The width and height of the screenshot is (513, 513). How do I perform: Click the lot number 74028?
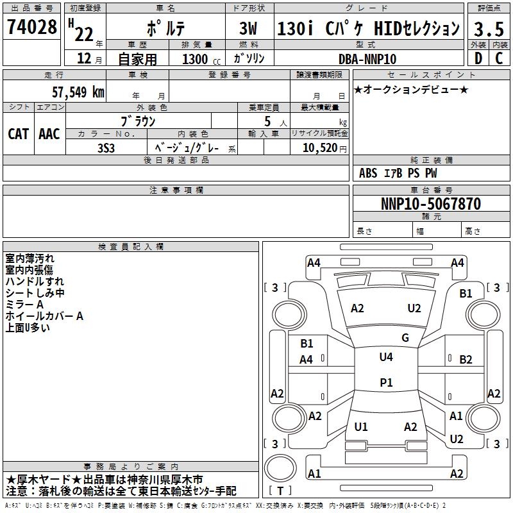(x=32, y=29)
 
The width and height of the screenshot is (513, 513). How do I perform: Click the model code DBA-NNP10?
(x=367, y=59)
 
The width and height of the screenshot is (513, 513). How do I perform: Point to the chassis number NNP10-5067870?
(x=430, y=205)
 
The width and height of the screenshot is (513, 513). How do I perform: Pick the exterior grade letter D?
(x=478, y=58)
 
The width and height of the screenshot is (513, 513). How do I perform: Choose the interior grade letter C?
(x=499, y=58)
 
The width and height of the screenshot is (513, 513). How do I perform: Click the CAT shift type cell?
(x=19, y=134)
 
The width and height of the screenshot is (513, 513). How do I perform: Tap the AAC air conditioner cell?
(x=49, y=134)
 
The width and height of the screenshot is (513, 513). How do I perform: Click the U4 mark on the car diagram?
(x=385, y=357)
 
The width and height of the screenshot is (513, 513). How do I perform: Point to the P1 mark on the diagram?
(x=385, y=383)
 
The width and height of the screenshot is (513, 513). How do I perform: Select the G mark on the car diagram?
(x=405, y=338)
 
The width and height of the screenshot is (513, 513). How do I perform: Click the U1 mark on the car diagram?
(x=361, y=427)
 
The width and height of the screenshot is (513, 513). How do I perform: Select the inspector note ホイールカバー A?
(x=45, y=316)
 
